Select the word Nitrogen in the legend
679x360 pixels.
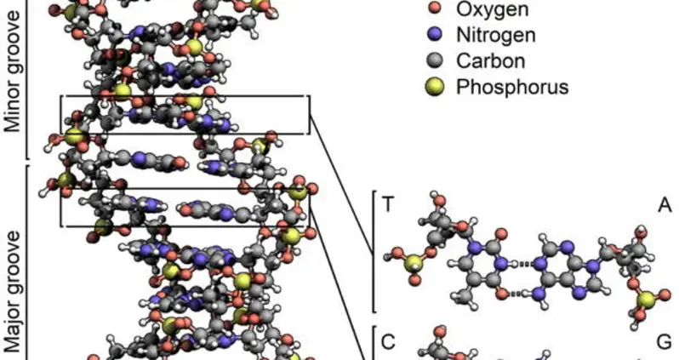click(x=497, y=35)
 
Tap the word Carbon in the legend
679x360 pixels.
click(x=491, y=60)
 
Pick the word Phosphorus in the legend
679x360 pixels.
click(x=512, y=86)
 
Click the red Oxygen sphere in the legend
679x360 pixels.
click(x=436, y=10)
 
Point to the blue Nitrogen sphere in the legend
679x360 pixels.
click(x=436, y=35)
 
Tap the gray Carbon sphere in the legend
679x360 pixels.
click(x=436, y=60)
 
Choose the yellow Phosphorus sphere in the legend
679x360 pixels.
click(x=436, y=86)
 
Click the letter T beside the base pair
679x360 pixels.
click(x=388, y=204)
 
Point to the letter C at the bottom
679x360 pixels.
click(x=388, y=342)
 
